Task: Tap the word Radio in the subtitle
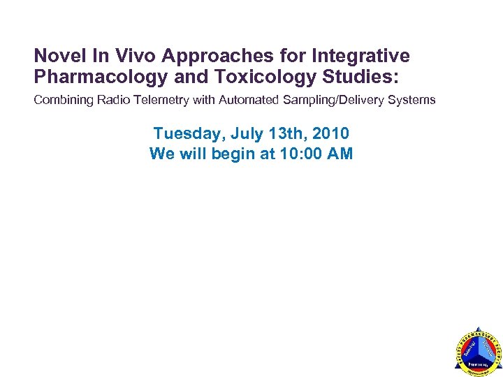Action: pos(112,100)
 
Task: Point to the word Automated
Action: pos(248,100)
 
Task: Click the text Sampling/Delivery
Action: pos(336,100)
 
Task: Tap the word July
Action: pos(245,133)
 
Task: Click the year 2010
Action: pos(332,133)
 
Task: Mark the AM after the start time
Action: pos(340,154)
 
